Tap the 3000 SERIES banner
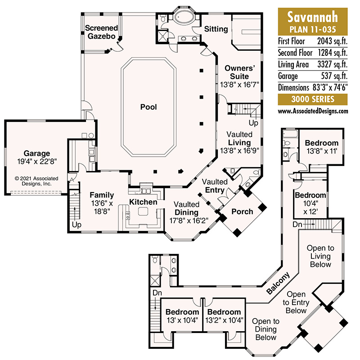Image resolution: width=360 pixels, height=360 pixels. (313, 99)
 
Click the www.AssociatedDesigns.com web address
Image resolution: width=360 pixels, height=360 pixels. (313, 111)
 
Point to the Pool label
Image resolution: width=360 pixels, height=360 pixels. (148, 107)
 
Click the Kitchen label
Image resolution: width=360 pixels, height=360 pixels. (144, 202)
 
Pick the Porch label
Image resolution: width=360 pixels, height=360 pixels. (242, 211)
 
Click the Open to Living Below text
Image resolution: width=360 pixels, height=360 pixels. (320, 256)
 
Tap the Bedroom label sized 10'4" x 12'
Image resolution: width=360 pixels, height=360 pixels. (310, 195)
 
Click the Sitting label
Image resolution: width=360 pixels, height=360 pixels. (216, 29)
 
